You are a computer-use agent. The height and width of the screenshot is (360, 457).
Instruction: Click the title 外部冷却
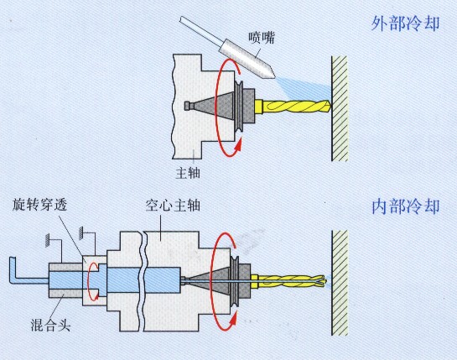[x=405, y=23]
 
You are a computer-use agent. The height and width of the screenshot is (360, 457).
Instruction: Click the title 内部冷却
[x=405, y=206]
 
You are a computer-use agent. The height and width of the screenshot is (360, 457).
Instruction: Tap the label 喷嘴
[x=262, y=38]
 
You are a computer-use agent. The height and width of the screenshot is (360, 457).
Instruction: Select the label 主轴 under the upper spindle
[x=188, y=173]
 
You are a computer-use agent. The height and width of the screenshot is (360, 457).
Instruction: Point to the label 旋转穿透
[x=39, y=205]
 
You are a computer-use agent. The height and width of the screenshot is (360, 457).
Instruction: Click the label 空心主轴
[x=173, y=206]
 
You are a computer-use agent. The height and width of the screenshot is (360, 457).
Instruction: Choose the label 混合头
[x=50, y=325]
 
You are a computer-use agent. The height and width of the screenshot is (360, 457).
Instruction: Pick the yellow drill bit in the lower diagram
[x=288, y=281]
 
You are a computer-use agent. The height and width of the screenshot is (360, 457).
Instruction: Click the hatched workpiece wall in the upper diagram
[x=340, y=108]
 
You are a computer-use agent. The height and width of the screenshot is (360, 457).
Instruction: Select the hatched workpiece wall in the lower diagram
[x=340, y=283]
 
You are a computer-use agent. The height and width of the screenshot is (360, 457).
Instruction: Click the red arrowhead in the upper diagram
[x=238, y=145]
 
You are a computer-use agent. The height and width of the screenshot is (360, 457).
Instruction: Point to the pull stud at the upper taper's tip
[x=189, y=106]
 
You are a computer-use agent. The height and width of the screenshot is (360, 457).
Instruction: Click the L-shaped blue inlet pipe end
[x=13, y=270]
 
